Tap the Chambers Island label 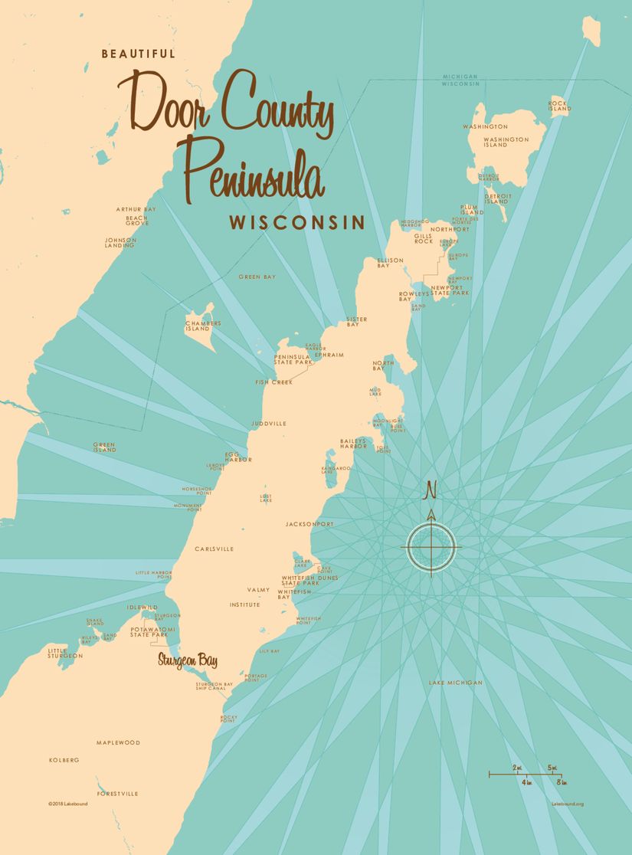[x=203, y=326]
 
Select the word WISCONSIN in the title [x=296, y=223]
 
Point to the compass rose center [x=431, y=547]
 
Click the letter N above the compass [x=431, y=489]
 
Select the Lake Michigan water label [x=456, y=682]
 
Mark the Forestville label [x=118, y=793]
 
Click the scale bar [x=529, y=775]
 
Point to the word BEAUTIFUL [x=139, y=54]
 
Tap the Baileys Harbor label [x=354, y=444]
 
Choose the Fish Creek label [x=274, y=382]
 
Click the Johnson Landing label [x=120, y=242]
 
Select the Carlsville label [x=212, y=549]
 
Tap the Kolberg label [x=64, y=760]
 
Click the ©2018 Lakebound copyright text [x=66, y=804]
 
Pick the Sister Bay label [x=356, y=321]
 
